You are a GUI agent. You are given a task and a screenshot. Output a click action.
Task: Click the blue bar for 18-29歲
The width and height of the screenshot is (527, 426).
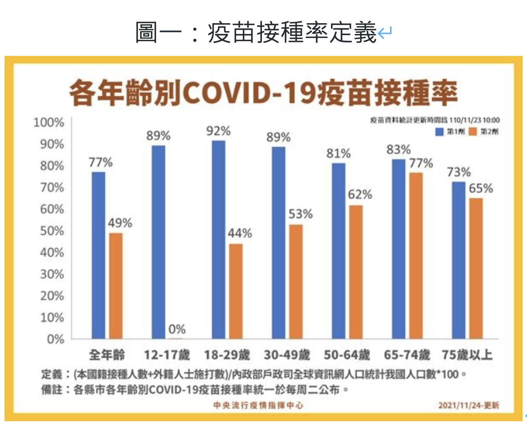pyautogui.click(x=218, y=240)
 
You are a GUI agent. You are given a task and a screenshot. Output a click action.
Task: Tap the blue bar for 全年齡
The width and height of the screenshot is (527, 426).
pyautogui.click(x=98, y=256)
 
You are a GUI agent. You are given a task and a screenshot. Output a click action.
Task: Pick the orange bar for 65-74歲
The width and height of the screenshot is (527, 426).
pyautogui.click(x=416, y=256)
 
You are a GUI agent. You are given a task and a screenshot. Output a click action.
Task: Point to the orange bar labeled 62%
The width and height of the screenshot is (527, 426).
pyautogui.click(x=356, y=272)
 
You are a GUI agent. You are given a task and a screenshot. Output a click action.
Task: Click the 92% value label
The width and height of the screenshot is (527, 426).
pyautogui.click(x=218, y=131)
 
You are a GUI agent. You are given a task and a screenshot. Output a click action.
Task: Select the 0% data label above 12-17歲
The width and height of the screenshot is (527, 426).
pyautogui.click(x=177, y=329)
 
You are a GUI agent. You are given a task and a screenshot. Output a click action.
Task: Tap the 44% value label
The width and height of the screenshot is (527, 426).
pyautogui.click(x=240, y=233)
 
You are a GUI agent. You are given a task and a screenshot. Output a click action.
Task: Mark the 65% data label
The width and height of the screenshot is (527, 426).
pyautogui.click(x=481, y=188)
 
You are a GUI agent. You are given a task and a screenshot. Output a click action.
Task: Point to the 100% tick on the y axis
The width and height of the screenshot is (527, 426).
pyautogui.click(x=49, y=122)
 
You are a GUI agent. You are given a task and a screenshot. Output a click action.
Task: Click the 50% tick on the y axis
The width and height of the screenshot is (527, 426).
pyautogui.click(x=52, y=231)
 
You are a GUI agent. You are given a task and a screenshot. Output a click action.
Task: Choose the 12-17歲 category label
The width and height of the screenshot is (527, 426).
pyautogui.click(x=166, y=354)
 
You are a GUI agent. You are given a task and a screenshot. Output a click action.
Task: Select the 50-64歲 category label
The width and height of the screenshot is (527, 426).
pyautogui.click(x=347, y=354)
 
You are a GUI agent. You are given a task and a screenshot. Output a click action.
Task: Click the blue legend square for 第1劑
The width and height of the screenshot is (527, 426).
pyautogui.click(x=440, y=131)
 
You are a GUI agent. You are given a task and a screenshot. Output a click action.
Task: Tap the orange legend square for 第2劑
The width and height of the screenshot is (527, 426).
pyautogui.click(x=473, y=131)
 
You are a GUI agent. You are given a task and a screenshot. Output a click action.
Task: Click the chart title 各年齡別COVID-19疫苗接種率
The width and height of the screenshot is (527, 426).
pyautogui.click(x=263, y=93)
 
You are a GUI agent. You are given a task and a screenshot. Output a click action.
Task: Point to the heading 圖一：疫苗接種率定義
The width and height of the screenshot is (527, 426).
pyautogui.click(x=256, y=32)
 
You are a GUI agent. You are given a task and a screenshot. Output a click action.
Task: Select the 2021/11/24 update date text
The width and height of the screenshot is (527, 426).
pyautogui.click(x=468, y=405)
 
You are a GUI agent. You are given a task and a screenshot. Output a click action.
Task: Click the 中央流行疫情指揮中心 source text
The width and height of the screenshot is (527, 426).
pyautogui.click(x=258, y=405)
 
